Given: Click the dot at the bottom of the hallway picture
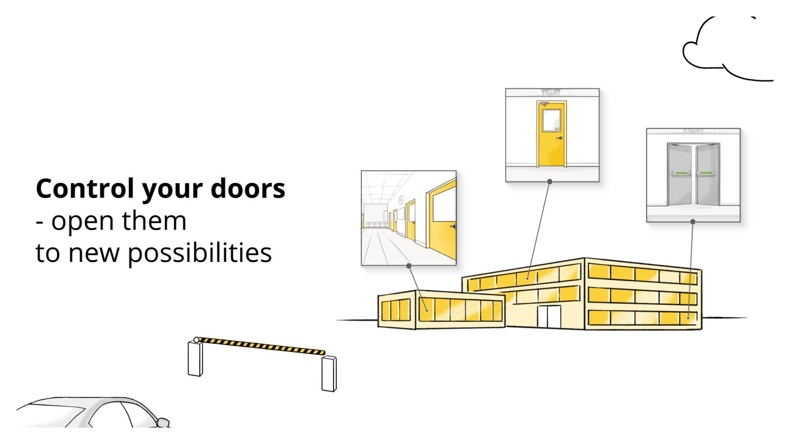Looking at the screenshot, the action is tap(409, 266).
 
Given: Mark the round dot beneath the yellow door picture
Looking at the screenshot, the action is tap(550, 181).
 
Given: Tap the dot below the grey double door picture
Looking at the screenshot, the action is tap(693, 222).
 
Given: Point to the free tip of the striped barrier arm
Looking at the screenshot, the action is tap(324, 353).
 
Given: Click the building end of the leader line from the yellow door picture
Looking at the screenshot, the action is tap(527, 278).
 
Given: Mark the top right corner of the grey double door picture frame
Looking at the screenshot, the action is tap(740, 128).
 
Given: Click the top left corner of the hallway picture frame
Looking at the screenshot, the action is tap(361, 171).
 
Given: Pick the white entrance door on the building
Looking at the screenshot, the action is tap(549, 317).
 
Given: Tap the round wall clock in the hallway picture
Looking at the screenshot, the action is tap(401, 200).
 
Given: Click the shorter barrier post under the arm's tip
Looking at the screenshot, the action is tap(329, 374).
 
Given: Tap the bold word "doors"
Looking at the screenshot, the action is tap(248, 189).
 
